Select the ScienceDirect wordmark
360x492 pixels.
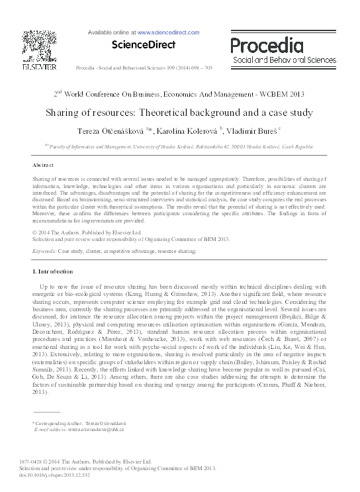pos(144,45)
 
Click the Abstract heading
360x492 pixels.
pos(42,164)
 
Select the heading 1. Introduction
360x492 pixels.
pos(53,271)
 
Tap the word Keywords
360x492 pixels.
pos(44,252)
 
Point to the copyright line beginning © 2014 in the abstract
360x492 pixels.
pos(77,233)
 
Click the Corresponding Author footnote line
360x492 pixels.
pos(79,422)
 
